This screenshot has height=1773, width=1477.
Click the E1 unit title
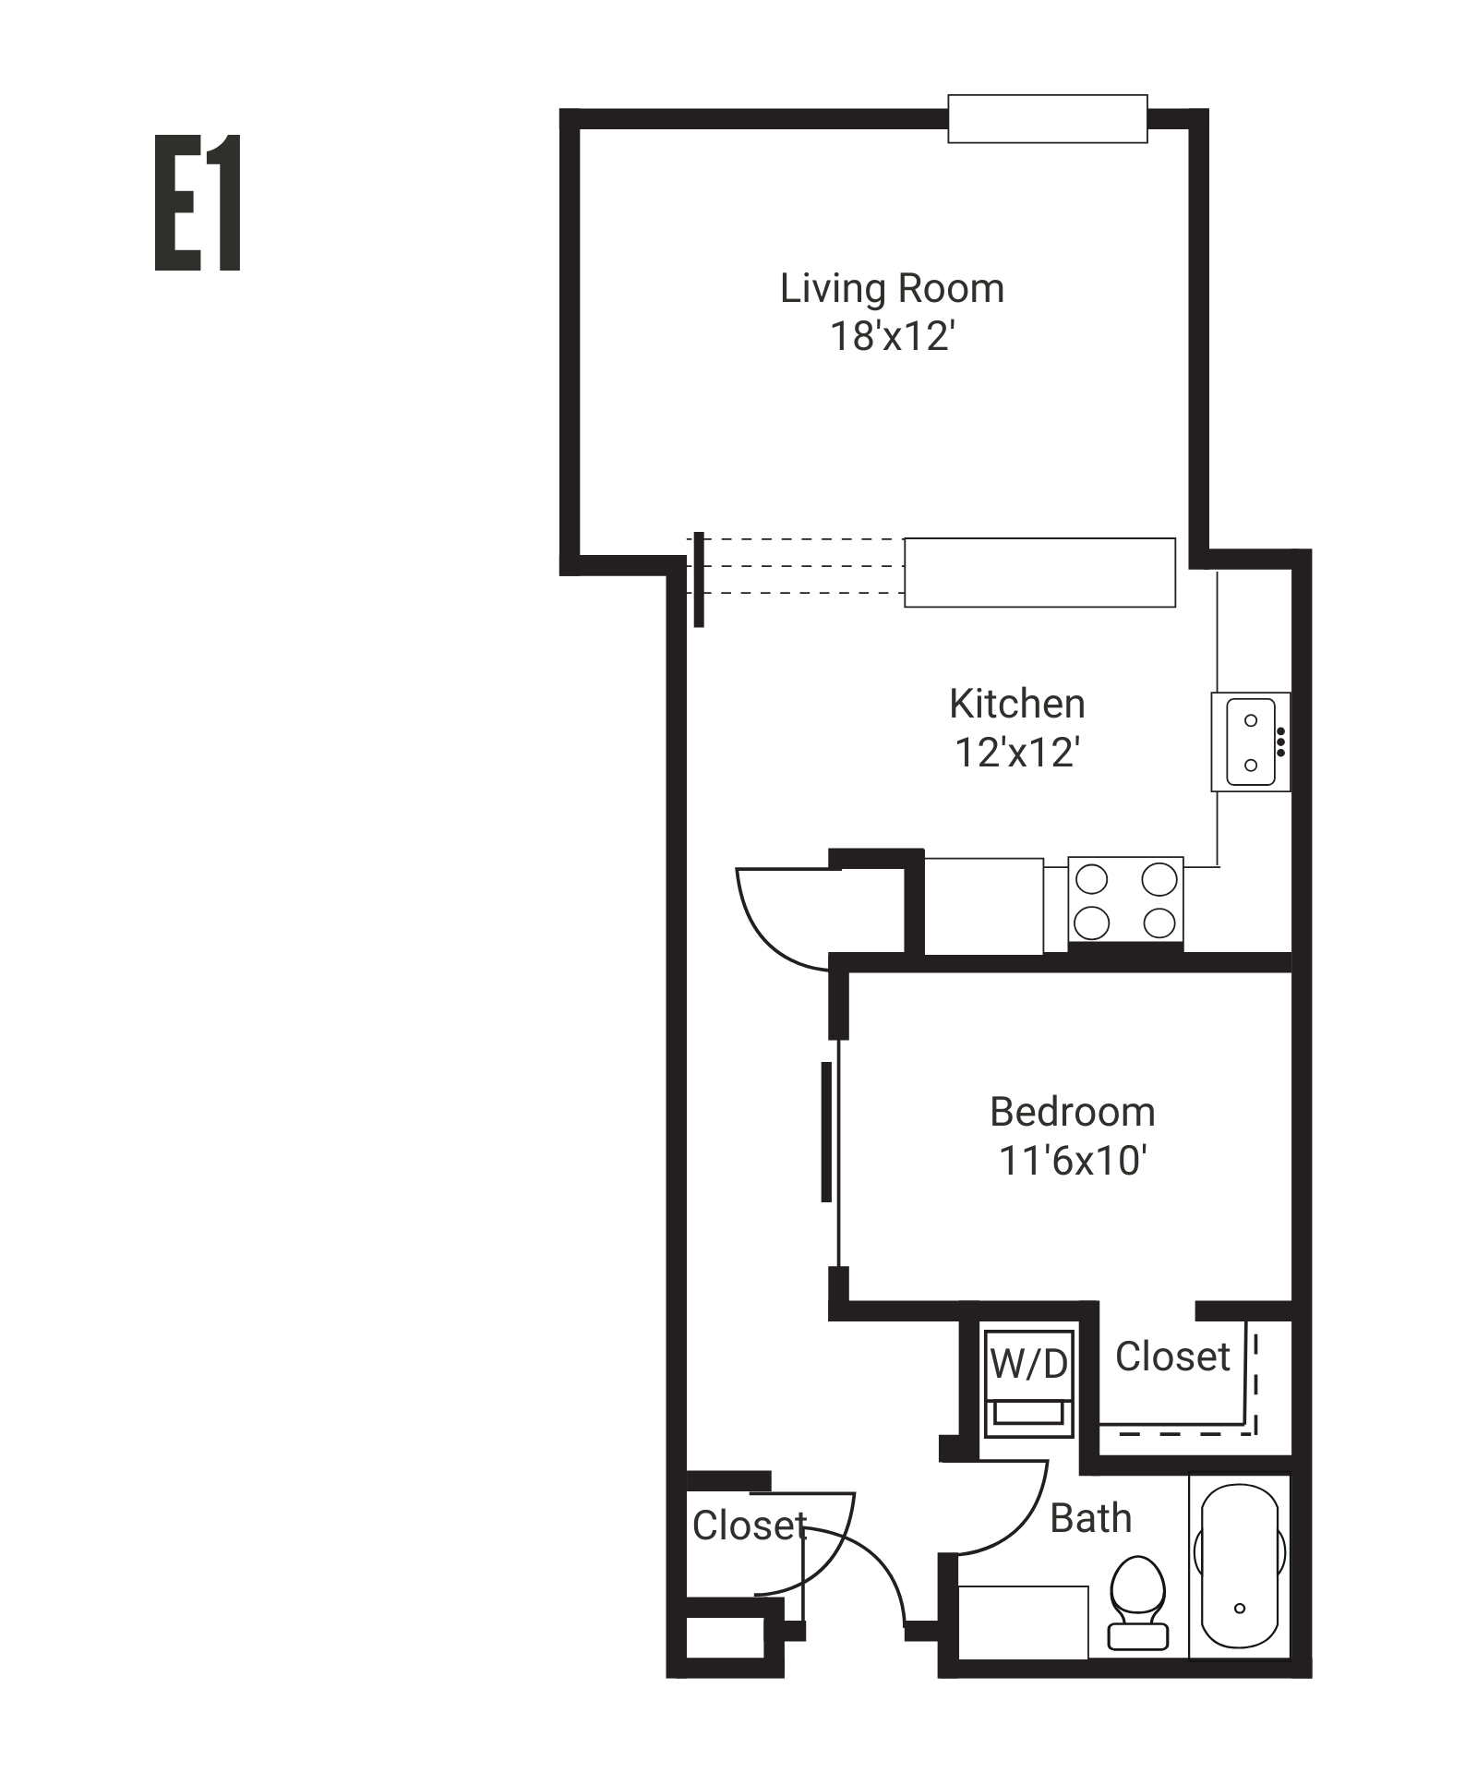tap(198, 203)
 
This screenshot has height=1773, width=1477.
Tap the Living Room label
tap(892, 289)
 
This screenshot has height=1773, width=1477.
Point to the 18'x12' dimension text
tap(892, 337)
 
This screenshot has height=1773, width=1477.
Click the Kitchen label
tap(1016, 705)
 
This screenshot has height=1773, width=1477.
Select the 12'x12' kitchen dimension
tap(1016, 753)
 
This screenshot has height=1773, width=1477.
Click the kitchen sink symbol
tap(1251, 742)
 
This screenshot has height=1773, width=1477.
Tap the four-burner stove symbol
tap(1125, 900)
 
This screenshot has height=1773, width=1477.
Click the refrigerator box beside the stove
tap(983, 906)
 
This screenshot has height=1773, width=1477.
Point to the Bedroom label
tap(1072, 1112)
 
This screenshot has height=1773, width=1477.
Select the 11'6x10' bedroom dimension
tap(1072, 1161)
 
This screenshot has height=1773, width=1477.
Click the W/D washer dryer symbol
tap(1029, 1382)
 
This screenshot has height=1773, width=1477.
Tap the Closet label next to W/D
tap(1172, 1357)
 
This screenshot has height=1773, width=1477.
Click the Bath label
tap(1090, 1518)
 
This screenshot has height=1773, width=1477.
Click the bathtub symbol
tap(1239, 1566)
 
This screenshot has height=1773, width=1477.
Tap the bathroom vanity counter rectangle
tap(1023, 1622)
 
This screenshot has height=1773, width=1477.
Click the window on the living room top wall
tap(1047, 119)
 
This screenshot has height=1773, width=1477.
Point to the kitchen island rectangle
tap(1039, 573)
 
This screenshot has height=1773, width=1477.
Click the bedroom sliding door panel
tap(826, 1132)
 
